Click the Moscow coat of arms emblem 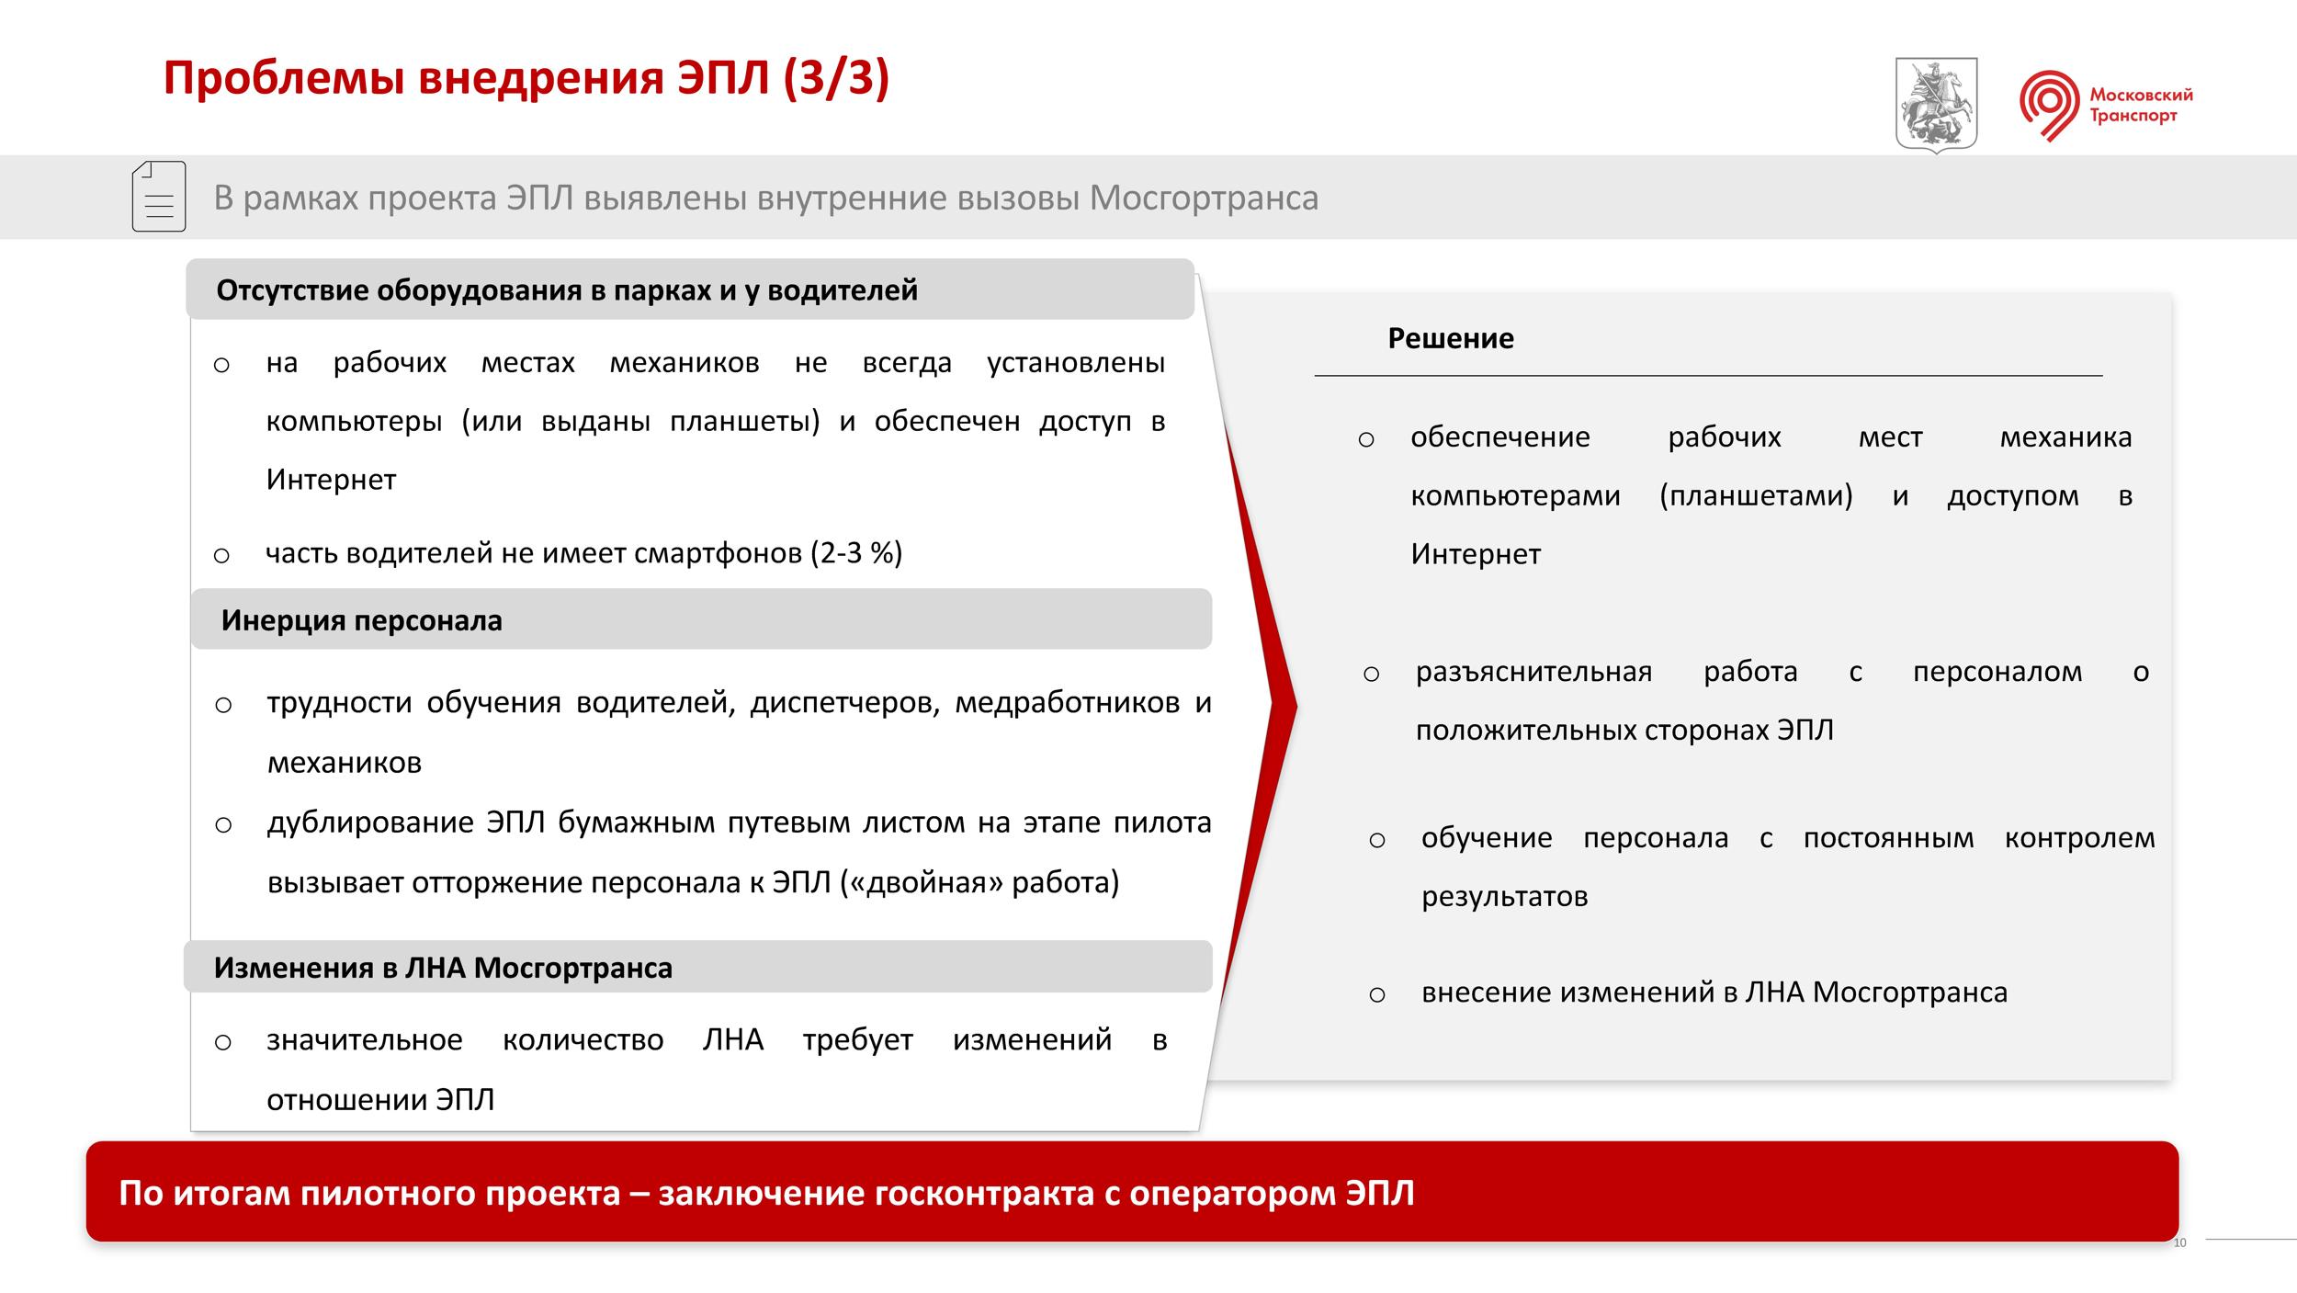[x=1937, y=105]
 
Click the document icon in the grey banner [x=159, y=197]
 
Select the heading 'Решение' [x=1451, y=338]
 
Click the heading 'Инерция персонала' [x=362, y=620]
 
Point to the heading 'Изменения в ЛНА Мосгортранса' [x=443, y=968]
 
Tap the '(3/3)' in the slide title [x=837, y=77]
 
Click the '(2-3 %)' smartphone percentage [x=856, y=552]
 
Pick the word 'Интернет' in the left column [x=331, y=480]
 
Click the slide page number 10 [x=2180, y=1243]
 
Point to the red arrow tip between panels [x=1296, y=707]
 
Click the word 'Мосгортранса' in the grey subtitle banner [x=1204, y=198]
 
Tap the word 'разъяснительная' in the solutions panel [x=1533, y=672]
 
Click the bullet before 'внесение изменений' [x=1376, y=994]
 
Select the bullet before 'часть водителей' [x=221, y=555]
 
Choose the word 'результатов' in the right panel [x=1504, y=896]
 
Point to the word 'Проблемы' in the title [x=285, y=78]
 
